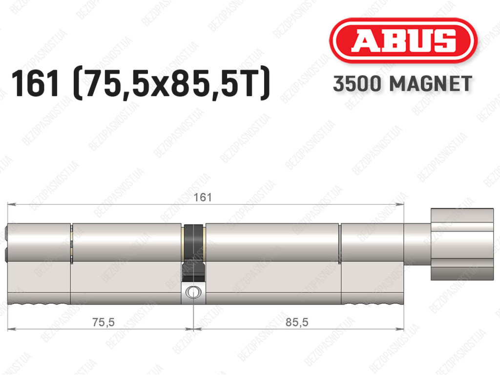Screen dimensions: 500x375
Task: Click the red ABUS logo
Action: pyautogui.click(x=403, y=41)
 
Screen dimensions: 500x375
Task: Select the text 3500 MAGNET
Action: pyautogui.click(x=402, y=84)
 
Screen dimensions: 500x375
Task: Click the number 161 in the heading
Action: pyautogui.click(x=35, y=84)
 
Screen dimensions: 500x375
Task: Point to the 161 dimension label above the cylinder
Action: pyautogui.click(x=203, y=197)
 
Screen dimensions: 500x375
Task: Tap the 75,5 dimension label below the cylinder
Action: pyautogui.click(x=104, y=322)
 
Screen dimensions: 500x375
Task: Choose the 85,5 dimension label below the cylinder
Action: pyautogui.click(x=297, y=322)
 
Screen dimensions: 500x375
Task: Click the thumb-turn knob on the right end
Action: pyautogui.click(x=462, y=244)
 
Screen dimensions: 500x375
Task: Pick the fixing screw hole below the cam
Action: pyautogui.click(x=193, y=292)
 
